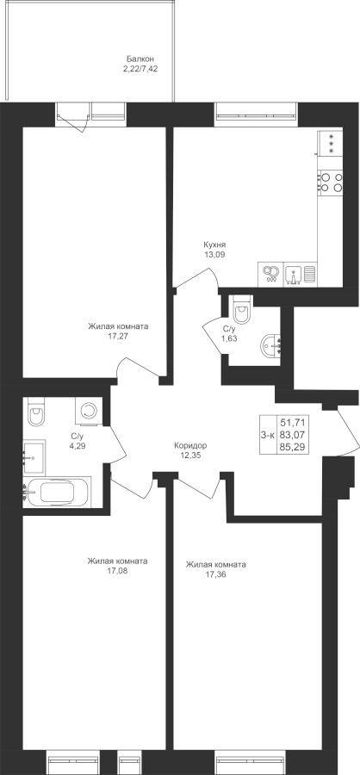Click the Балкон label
(x=140, y=59)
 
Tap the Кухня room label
(x=214, y=245)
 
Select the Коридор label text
(x=190, y=445)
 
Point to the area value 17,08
(x=117, y=570)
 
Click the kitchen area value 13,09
(x=214, y=255)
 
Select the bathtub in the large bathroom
(x=58, y=493)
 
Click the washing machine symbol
(x=89, y=411)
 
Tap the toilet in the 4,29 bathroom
(x=36, y=412)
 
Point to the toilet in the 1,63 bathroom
(x=242, y=309)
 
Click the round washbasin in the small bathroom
(x=271, y=345)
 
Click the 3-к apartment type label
(x=268, y=435)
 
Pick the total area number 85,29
(x=292, y=448)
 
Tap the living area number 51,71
(x=292, y=422)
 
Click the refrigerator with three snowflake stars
(x=330, y=143)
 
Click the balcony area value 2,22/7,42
(x=140, y=69)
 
